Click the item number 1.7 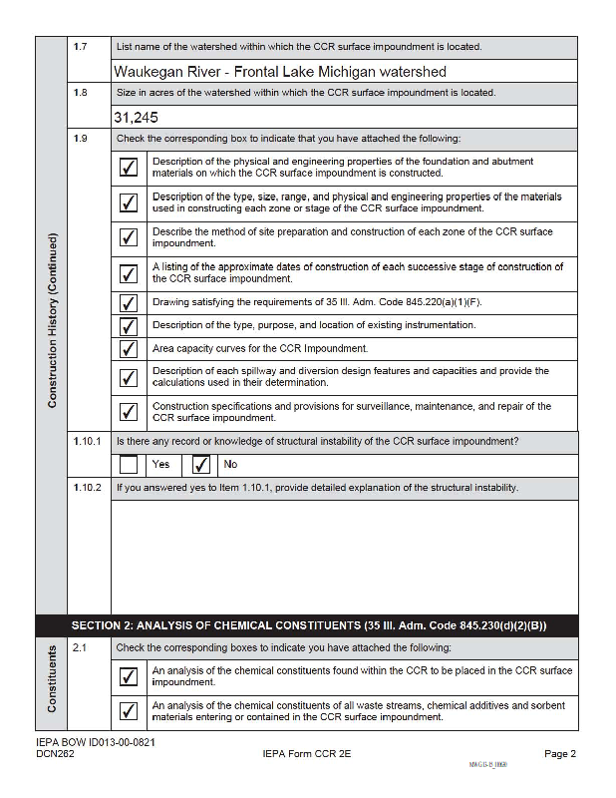(80, 47)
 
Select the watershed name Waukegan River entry (279, 72)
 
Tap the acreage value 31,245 (136, 117)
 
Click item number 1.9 (80, 139)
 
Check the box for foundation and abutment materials (129, 167)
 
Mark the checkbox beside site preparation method (129, 237)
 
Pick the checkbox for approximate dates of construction (129, 273)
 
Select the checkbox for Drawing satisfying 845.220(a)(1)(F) (129, 302)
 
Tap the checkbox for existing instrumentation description (129, 325)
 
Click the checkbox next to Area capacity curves (129, 348)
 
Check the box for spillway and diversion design (129, 377)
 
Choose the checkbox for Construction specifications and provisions (129, 411)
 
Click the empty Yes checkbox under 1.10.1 (129, 464)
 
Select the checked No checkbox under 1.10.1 (201, 464)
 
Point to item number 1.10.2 (87, 488)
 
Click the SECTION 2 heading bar (308, 625)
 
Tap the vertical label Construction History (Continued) (52, 319)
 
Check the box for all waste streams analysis (129, 711)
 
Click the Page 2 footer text (560, 754)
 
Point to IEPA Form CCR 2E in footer (299, 754)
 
